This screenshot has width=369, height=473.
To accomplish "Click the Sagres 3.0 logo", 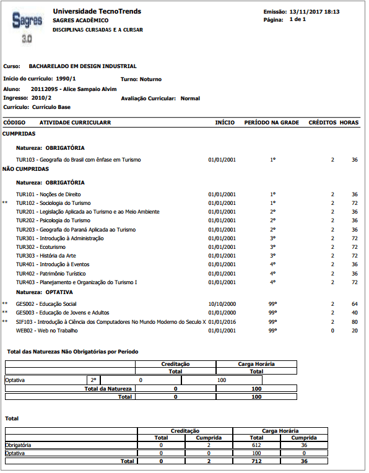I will pos(27,25).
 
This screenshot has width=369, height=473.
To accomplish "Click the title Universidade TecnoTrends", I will pos(97,11).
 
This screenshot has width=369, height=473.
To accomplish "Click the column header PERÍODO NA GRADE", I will pos(272,123).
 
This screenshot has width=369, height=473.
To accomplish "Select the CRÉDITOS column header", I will pos(322,123).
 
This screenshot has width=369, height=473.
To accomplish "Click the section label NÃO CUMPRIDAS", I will pos(25,168).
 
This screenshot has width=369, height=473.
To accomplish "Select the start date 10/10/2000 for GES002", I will pos(222,304).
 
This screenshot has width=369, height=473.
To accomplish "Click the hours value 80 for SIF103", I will pos(355,322).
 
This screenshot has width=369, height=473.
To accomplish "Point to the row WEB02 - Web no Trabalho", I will pos(46,331).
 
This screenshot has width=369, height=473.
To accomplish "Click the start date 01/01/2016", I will pos(222,322).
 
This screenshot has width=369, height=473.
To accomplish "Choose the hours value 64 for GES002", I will pos(355,304).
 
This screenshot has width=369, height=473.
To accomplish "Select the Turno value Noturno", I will pos(150,79).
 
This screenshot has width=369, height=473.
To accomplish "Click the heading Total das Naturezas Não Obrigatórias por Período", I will pos(72,352).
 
